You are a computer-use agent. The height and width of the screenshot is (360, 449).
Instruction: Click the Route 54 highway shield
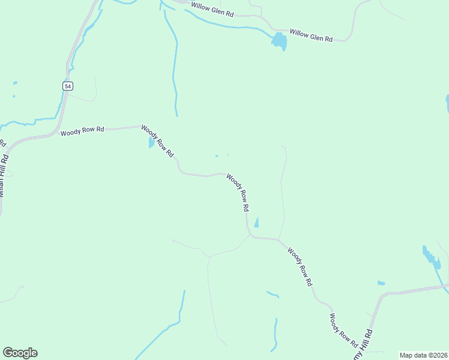[x=67, y=86]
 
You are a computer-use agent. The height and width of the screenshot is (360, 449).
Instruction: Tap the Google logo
[x=20, y=353]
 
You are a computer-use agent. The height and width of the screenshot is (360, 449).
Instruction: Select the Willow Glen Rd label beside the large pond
[x=311, y=35]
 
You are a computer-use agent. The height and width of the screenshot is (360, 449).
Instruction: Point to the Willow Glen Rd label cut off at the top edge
[x=212, y=8]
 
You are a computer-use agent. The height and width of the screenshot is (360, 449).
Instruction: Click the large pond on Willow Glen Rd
[x=279, y=41]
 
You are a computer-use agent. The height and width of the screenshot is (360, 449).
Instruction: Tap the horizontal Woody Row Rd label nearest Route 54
[x=82, y=130]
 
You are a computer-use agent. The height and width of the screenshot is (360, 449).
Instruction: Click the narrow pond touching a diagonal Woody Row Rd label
[x=150, y=143]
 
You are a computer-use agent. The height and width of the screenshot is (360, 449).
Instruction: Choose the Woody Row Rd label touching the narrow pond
[x=157, y=141]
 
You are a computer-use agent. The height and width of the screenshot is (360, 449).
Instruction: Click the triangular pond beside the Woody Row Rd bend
[x=257, y=223]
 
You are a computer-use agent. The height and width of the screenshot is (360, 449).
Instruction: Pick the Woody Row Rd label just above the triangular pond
[x=238, y=192]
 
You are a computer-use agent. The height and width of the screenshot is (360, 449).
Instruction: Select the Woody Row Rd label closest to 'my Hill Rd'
[x=343, y=331]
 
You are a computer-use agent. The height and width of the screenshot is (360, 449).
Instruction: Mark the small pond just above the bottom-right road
[x=381, y=283]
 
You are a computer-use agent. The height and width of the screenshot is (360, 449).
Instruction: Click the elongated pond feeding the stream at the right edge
[x=431, y=256]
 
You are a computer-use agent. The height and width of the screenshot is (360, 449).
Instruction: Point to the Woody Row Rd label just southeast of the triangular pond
[x=300, y=266]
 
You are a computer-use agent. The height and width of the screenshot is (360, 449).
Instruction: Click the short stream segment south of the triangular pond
[x=273, y=294]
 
